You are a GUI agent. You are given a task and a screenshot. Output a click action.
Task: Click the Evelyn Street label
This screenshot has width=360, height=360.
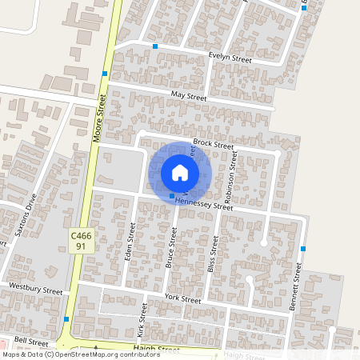coord(230,59)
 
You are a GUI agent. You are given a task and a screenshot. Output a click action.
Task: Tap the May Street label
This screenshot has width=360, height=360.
coord(189,97)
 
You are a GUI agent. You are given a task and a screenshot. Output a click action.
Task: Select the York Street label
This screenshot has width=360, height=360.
coord(183,298)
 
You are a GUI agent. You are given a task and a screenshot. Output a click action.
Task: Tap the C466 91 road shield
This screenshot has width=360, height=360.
coord(81,241)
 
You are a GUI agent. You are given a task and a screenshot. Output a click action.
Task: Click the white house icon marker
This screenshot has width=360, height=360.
coord(180,173)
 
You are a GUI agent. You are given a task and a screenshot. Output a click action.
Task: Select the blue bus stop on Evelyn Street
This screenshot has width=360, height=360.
coord(155,46)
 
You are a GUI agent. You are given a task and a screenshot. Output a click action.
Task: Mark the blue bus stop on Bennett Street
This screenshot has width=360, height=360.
coord(303,249)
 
